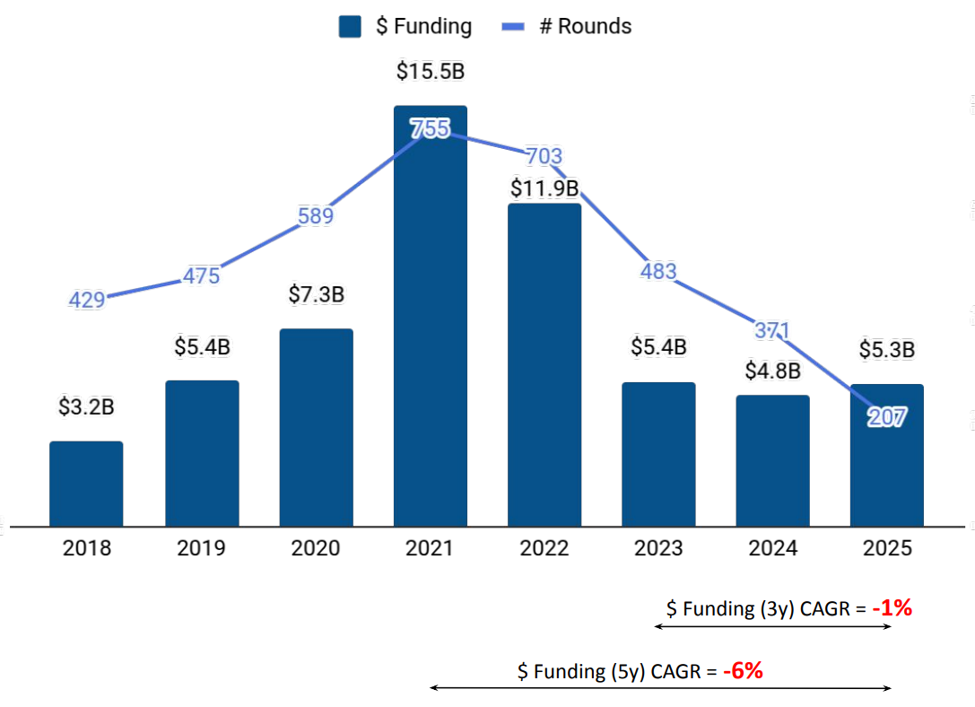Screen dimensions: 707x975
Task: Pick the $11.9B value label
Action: pyautogui.click(x=544, y=188)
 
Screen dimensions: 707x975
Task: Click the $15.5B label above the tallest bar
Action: pyautogui.click(x=431, y=72)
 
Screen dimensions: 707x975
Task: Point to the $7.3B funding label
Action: pyautogui.click(x=317, y=294)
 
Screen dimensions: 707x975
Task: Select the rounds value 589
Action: pyautogui.click(x=316, y=216)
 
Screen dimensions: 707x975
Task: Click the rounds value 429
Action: pyautogui.click(x=87, y=300)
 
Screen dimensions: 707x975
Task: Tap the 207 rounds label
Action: pyautogui.click(x=888, y=416)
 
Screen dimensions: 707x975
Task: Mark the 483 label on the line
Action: pyautogui.click(x=658, y=271)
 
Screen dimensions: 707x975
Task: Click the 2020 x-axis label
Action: pyautogui.click(x=316, y=548)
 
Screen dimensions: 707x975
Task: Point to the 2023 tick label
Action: pyautogui.click(x=658, y=548)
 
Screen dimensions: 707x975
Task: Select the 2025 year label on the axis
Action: pyautogui.click(x=887, y=548)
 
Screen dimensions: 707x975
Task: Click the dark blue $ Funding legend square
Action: pyautogui.click(x=350, y=27)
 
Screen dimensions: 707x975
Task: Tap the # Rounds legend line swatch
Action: pyautogui.click(x=512, y=27)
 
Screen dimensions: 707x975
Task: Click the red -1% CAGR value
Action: pyautogui.click(x=892, y=608)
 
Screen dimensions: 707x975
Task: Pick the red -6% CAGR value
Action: pyautogui.click(x=743, y=670)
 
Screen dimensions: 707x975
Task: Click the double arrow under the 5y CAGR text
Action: pyautogui.click(x=661, y=688)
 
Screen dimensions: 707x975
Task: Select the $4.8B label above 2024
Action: pyautogui.click(x=773, y=371)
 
